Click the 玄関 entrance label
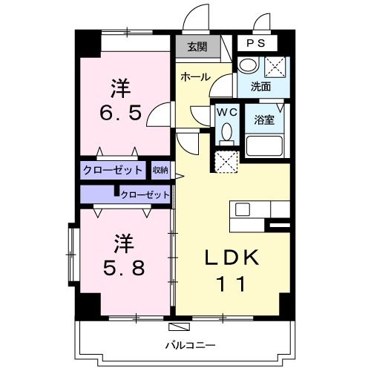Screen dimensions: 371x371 pyautogui.click(x=197, y=47)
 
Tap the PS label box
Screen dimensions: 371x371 pyautogui.click(x=255, y=44)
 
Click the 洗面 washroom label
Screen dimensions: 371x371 pyautogui.click(x=260, y=87)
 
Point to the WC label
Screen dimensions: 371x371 pyautogui.click(x=226, y=112)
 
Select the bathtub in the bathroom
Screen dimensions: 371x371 pyautogui.click(x=266, y=145)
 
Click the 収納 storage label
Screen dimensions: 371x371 pyautogui.click(x=160, y=170)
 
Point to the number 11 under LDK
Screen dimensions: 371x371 pyautogui.click(x=232, y=283)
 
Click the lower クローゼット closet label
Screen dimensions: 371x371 pyautogui.click(x=145, y=195)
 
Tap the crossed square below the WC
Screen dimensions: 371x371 pyautogui.click(x=226, y=161)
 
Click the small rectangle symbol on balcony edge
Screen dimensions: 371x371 pyautogui.click(x=179, y=326)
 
